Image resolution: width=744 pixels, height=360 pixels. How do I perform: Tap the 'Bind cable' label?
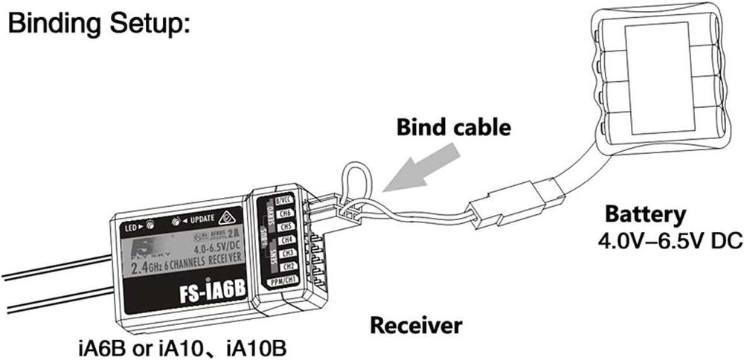point(452,127)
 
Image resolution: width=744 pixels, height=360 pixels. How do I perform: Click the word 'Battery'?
point(644,215)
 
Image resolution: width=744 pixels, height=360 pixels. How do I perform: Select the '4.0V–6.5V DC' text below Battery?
point(670,242)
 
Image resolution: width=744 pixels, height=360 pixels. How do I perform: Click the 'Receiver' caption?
point(416,325)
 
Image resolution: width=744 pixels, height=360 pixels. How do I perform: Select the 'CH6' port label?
point(283,214)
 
